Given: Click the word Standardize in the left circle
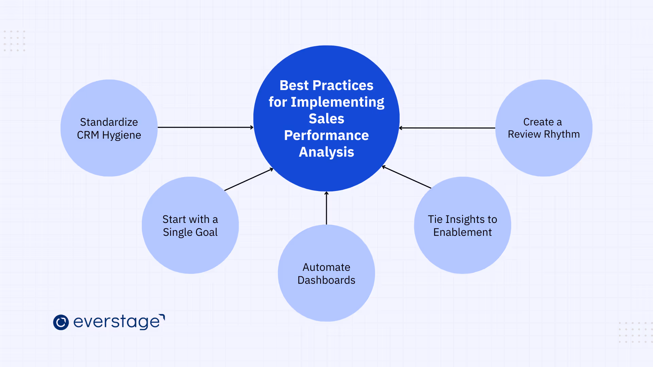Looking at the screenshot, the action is [x=109, y=122].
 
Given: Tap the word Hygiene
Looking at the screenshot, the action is [x=121, y=135].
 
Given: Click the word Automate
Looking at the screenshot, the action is [x=326, y=267].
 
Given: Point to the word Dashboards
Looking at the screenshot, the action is [x=326, y=280].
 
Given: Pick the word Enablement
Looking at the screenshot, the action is [x=462, y=232].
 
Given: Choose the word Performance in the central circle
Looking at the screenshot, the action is [x=326, y=135].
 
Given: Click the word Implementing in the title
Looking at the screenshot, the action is [x=337, y=102].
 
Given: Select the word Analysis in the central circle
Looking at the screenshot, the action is [x=326, y=152].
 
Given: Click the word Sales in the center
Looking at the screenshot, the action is [x=326, y=119].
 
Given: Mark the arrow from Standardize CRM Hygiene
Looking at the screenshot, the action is [x=205, y=127].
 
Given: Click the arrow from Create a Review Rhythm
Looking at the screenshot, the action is [x=447, y=128].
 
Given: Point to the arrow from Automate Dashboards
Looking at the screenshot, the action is [x=326, y=208].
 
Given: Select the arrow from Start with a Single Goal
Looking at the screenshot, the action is [x=249, y=179].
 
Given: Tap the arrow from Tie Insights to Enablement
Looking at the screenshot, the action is [x=406, y=177].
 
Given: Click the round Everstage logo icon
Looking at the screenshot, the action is [x=61, y=322].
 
